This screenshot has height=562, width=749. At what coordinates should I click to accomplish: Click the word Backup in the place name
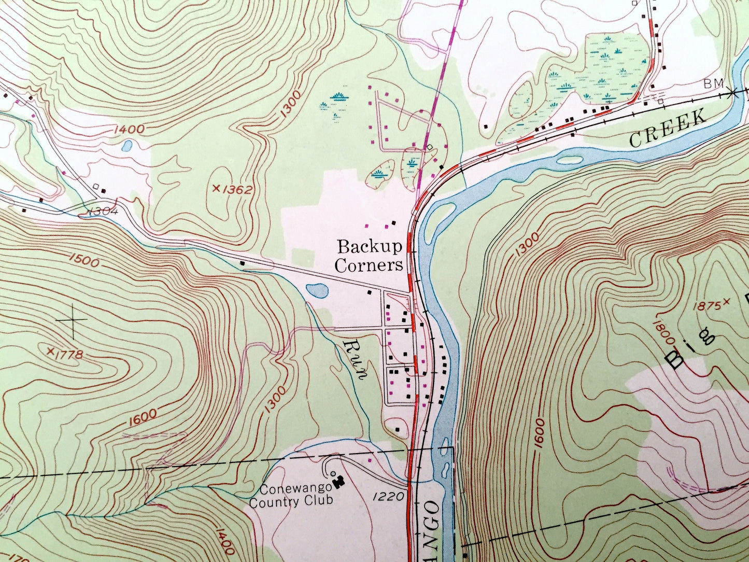click(369, 246)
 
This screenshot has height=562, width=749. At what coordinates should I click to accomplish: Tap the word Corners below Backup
click(369, 265)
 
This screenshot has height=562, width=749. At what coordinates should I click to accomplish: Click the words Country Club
click(290, 501)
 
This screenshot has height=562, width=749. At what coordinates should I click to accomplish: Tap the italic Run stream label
click(356, 360)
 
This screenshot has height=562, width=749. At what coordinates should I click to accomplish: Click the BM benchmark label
click(712, 83)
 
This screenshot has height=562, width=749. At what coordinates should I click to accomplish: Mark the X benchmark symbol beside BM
click(732, 93)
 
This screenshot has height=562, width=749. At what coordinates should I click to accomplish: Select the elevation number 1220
click(388, 497)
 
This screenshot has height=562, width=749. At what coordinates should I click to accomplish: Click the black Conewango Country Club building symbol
click(340, 482)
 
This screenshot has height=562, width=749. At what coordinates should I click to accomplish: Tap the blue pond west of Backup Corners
click(317, 290)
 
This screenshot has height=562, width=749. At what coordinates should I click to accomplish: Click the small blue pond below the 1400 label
click(126, 146)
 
